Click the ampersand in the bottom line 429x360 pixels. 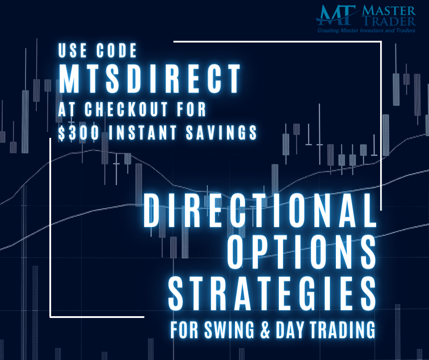coord(262,329)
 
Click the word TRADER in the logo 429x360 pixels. coord(392,21)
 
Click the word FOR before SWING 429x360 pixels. coord(184,329)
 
